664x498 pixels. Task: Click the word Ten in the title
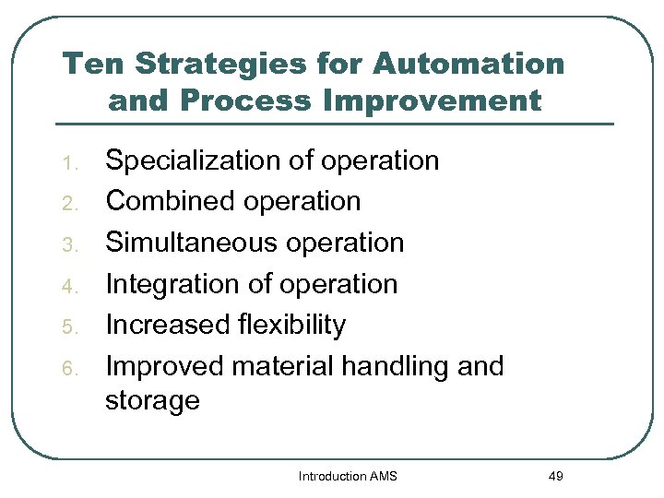pos(90,65)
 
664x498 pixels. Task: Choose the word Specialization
pos(193,160)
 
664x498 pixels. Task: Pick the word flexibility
pos(290,325)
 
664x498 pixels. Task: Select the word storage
pos(152,401)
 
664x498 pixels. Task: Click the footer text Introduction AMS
pos(347,476)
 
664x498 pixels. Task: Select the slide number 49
pos(554,476)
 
